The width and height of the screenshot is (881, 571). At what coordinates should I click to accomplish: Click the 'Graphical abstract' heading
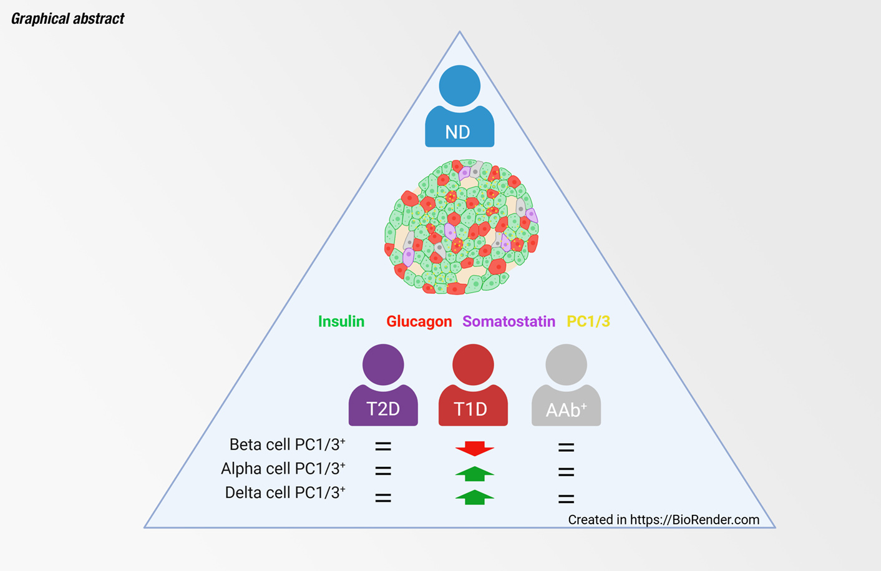67,19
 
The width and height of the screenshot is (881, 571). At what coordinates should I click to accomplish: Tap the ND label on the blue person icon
457,132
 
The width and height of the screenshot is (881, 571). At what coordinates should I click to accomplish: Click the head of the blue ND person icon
459,85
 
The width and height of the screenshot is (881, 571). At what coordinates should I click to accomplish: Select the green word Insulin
341,321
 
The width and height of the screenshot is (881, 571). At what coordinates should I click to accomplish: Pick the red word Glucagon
419,321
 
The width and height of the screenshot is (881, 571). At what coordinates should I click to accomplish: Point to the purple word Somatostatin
509,321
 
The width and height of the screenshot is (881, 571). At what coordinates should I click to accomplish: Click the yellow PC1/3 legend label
588,321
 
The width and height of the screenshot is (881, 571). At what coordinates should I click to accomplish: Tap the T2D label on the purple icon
383,409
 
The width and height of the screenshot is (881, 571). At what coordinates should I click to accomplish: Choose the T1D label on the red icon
470,409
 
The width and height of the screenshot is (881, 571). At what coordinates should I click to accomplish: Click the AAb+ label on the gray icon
566,410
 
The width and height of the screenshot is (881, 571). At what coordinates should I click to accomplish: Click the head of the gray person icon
566,364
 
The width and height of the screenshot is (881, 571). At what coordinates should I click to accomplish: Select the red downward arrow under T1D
475,449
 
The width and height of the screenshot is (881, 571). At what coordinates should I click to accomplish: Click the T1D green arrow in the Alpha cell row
475,474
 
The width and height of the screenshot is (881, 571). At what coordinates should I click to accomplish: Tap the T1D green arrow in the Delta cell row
475,497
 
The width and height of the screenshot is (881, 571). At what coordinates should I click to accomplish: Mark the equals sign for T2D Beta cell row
383,446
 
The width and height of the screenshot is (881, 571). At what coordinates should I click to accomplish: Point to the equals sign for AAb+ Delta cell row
566,499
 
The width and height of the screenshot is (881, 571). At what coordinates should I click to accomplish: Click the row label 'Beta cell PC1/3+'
287,445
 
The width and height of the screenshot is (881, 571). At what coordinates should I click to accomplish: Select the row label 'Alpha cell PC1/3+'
283,469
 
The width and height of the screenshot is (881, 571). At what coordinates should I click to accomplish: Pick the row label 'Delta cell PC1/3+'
285,493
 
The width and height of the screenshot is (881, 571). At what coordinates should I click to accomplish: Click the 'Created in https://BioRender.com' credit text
663,520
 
